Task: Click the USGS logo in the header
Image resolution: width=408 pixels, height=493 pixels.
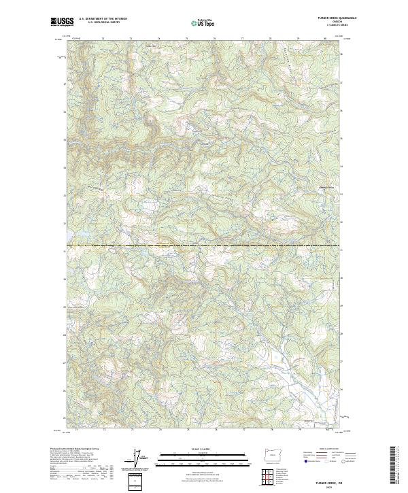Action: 62,22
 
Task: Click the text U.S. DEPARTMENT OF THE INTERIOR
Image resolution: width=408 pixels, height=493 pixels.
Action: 103,19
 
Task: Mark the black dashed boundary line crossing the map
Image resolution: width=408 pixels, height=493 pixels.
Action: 204,245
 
